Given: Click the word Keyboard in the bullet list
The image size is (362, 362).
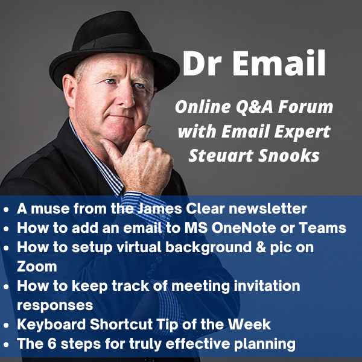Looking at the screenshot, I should click(49, 324).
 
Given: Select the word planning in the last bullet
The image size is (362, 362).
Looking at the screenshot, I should click(265, 344).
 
